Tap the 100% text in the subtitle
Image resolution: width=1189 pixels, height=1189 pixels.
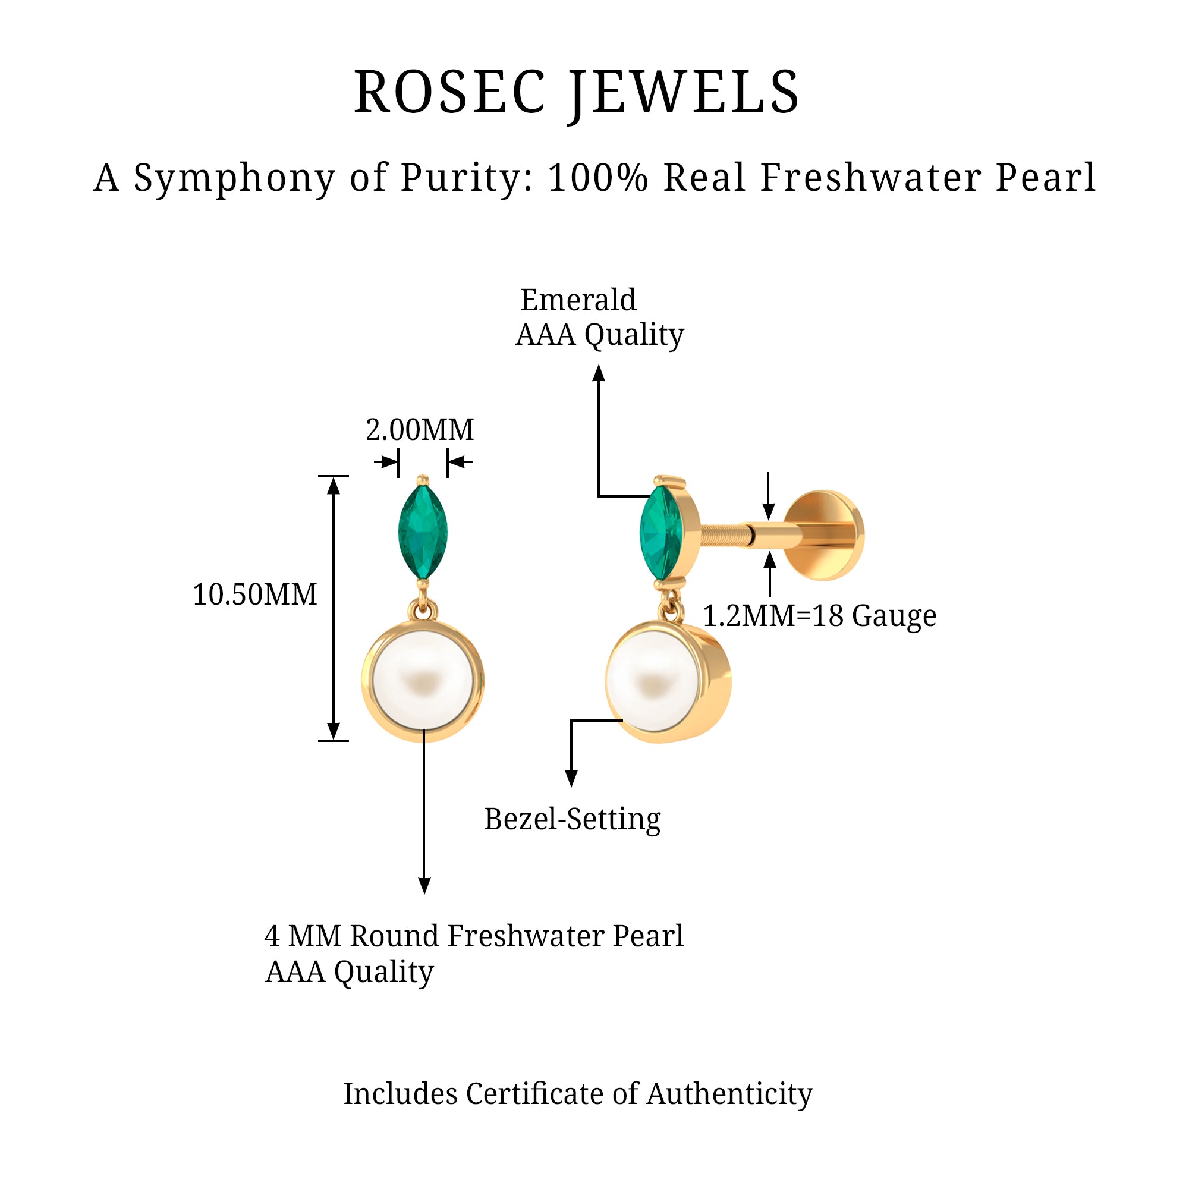[x=597, y=177]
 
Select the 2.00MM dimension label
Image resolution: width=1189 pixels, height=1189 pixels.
[x=420, y=430]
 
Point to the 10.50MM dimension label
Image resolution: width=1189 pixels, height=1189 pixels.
[x=255, y=594]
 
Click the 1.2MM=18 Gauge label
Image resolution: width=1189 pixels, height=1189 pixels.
[x=819, y=615]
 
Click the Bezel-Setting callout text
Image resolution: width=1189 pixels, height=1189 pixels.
[x=573, y=819]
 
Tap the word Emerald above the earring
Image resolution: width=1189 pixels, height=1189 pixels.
[x=578, y=300]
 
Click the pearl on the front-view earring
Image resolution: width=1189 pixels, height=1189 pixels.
[x=422, y=680]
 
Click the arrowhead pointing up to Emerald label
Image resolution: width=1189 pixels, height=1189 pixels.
[x=599, y=373]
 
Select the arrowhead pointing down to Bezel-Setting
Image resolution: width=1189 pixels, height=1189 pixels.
[x=571, y=779]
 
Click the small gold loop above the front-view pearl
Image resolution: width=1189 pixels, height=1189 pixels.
[x=423, y=611]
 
